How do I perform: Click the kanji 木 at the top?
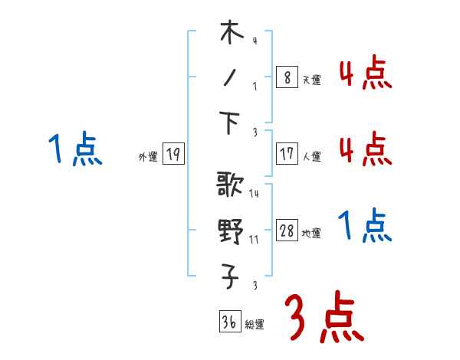[x=231, y=34]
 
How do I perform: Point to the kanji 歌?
[x=231, y=186]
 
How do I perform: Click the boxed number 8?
[x=286, y=77]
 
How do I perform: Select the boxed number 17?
[x=286, y=154]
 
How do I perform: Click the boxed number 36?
[x=229, y=323]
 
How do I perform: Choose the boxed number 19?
[x=173, y=155]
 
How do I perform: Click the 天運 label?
[x=311, y=80]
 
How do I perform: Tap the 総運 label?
[x=255, y=326]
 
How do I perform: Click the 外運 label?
[x=148, y=157]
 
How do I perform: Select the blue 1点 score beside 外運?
[x=75, y=149]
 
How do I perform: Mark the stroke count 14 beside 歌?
[x=254, y=194]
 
